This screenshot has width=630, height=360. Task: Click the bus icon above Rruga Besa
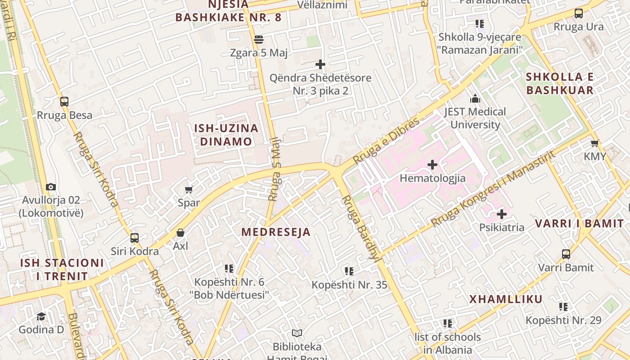(x=64, y=102)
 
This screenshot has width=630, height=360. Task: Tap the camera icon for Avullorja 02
(x=51, y=187)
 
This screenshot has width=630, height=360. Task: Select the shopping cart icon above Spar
(x=189, y=190)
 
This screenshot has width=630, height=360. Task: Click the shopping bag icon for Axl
(x=180, y=233)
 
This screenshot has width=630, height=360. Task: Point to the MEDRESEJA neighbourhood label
(x=276, y=232)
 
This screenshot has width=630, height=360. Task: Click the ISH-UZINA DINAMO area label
(x=226, y=135)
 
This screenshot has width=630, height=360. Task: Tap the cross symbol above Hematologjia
(x=432, y=165)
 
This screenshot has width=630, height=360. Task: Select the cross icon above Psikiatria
(x=502, y=214)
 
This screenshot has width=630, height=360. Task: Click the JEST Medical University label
(x=475, y=118)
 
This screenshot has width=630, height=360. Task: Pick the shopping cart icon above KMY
(x=594, y=144)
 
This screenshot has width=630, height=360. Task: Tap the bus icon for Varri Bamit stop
(x=566, y=254)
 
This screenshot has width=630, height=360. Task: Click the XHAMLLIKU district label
(x=506, y=299)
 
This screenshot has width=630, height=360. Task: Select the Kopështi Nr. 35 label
(x=349, y=285)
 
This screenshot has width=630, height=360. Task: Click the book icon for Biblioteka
(x=297, y=333)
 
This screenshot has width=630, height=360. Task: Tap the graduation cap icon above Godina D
(x=41, y=316)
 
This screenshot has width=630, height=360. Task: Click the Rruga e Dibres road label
(x=386, y=141)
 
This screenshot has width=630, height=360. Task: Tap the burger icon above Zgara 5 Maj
(x=258, y=40)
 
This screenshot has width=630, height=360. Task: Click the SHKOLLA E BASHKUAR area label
(x=560, y=83)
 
